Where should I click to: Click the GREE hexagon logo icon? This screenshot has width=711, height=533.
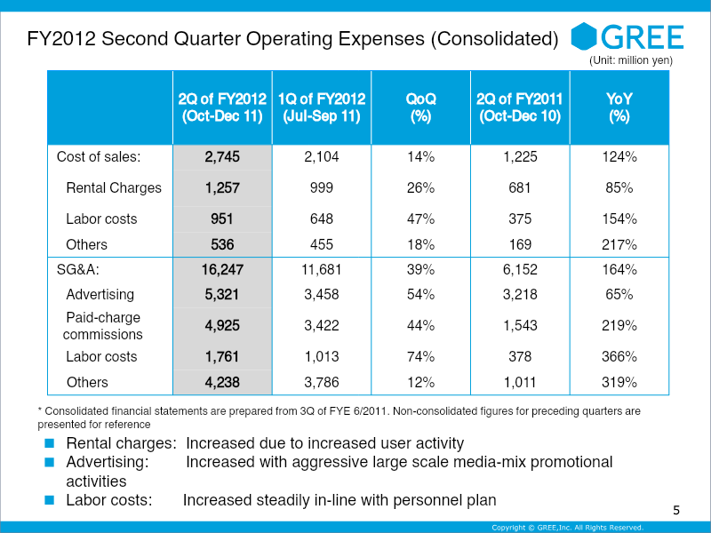pos(584,36)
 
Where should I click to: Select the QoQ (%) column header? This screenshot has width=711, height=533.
pos(420,107)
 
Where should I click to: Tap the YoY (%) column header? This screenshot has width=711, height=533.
pos(619,107)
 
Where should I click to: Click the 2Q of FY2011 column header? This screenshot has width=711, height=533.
pos(520,107)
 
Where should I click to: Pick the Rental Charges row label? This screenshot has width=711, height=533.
pos(114,187)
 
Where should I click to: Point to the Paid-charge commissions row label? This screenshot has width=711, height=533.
pos(103,325)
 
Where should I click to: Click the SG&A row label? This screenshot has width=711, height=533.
pos(78,270)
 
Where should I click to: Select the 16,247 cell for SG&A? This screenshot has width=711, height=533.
pos(222,270)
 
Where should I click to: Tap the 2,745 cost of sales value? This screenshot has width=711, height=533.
pos(222,157)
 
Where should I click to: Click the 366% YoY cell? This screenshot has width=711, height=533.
pos(619,357)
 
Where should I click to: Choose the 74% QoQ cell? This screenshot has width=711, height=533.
pos(420,357)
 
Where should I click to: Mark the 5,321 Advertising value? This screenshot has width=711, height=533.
pos(222,295)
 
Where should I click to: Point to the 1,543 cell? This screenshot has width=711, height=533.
pos(520,325)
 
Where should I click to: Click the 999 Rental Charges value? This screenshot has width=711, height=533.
pos(322,187)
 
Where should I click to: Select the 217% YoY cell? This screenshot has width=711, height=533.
pos(619,245)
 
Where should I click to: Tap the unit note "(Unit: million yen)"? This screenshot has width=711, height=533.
pos(631,60)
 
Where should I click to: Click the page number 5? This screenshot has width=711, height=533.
pos(676,510)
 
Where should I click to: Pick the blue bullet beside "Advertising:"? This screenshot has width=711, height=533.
pos(50,462)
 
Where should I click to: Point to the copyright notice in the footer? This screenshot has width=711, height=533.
pos(568,528)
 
